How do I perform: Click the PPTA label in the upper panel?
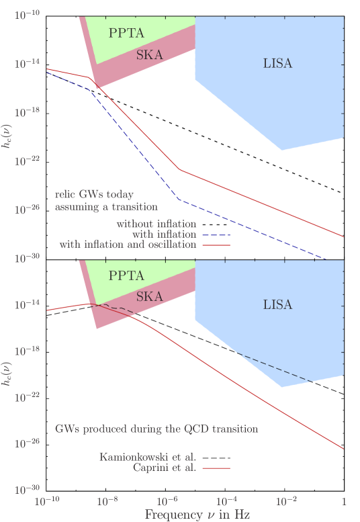coord(126,32)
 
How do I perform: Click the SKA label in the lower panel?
coord(149,296)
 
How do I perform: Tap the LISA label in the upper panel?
coord(277,64)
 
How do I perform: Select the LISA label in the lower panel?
coord(277,305)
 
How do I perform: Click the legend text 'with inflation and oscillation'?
coord(128,245)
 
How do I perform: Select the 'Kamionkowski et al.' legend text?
coord(148,457)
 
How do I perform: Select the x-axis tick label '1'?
coord(344,501)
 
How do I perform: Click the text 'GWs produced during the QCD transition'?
coord(156,428)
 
